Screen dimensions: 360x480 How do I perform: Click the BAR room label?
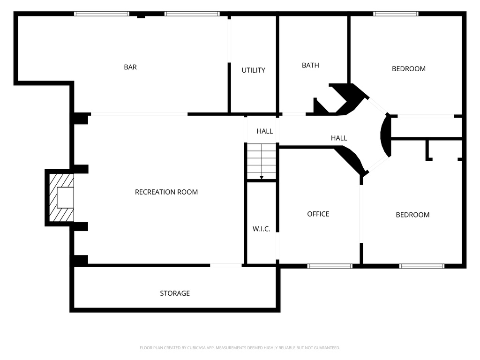point(130,67)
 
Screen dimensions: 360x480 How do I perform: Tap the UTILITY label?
point(253,70)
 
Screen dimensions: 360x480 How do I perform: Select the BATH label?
point(310,66)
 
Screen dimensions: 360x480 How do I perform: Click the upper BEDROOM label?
point(409,69)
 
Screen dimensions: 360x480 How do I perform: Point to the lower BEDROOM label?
point(412,215)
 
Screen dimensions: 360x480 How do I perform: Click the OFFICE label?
point(318,214)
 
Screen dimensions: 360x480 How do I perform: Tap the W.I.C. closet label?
point(261,229)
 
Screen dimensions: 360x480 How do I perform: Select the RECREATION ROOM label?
point(166,192)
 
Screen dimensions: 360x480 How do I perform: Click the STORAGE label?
point(175,293)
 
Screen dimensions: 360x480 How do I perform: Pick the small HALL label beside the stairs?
point(264,132)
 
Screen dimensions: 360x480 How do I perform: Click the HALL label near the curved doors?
point(339,138)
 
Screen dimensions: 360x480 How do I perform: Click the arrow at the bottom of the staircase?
point(262,177)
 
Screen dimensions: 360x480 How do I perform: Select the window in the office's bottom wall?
point(330,266)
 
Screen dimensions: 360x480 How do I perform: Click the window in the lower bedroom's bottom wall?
point(421,266)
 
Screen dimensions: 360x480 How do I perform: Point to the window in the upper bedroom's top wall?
point(396,14)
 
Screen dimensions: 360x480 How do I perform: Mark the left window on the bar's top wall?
point(102,14)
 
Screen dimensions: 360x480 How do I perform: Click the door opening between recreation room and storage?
point(226,265)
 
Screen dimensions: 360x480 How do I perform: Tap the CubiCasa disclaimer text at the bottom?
point(240,348)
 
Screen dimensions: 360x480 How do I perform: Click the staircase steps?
point(262,159)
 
